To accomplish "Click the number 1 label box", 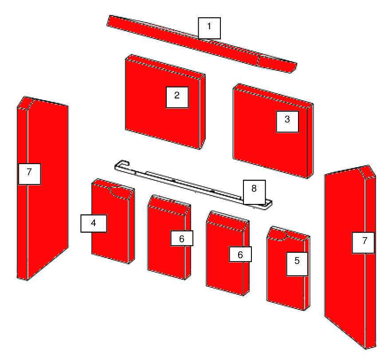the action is [x=209, y=28].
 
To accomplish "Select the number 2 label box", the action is [x=177, y=97].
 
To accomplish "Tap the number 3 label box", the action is [x=287, y=121].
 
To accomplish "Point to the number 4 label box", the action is [x=94, y=223].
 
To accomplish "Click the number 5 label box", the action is [x=297, y=264].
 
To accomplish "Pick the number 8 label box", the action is [x=254, y=192].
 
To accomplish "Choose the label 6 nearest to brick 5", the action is [x=240, y=254].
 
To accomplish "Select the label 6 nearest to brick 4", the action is [x=182, y=238].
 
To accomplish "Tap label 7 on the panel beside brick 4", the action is [x=30, y=174].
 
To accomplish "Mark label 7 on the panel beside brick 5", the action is [x=363, y=243].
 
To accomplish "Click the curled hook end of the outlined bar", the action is [x=122, y=164].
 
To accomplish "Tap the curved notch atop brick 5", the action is [x=278, y=235].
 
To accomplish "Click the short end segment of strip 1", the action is [x=277, y=64].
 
